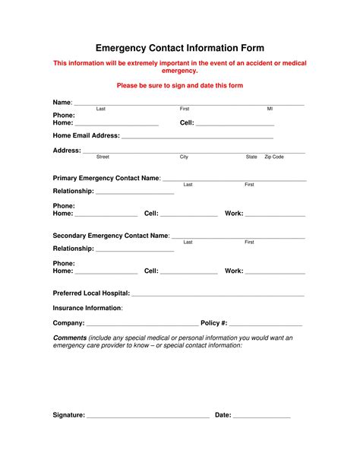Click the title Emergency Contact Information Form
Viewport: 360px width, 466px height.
tap(179, 48)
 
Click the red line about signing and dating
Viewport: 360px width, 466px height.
tap(179, 86)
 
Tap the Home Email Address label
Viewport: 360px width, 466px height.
tap(86, 136)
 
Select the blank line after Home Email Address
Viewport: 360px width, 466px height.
tap(197, 138)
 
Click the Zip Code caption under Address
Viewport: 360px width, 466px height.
tap(273, 157)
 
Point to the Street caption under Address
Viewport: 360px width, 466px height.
tap(103, 157)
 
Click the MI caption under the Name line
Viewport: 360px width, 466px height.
tap(270, 109)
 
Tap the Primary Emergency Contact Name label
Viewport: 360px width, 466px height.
tap(106, 178)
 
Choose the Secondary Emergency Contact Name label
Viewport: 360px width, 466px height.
tap(110, 236)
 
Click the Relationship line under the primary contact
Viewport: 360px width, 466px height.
tap(134, 193)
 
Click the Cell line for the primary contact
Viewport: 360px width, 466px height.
tap(189, 215)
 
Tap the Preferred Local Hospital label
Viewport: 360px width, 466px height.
tap(91, 293)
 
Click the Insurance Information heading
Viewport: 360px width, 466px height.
tap(87, 308)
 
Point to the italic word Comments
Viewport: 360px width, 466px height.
tap(69, 338)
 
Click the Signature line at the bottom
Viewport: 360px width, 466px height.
tap(148, 417)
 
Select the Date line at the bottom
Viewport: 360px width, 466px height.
tap(261, 417)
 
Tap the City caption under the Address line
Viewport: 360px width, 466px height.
tap(184, 157)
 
